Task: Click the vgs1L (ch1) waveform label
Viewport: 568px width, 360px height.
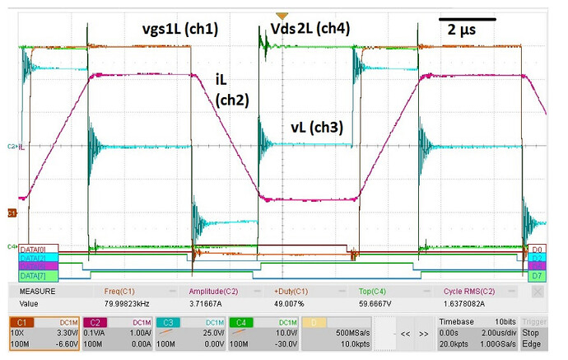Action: point(179,27)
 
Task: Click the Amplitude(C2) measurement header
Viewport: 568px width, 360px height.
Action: point(218,291)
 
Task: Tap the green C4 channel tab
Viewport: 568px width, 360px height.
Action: point(240,321)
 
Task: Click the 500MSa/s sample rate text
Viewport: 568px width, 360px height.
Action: point(340,333)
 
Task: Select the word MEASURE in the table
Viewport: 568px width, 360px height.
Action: point(38,291)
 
